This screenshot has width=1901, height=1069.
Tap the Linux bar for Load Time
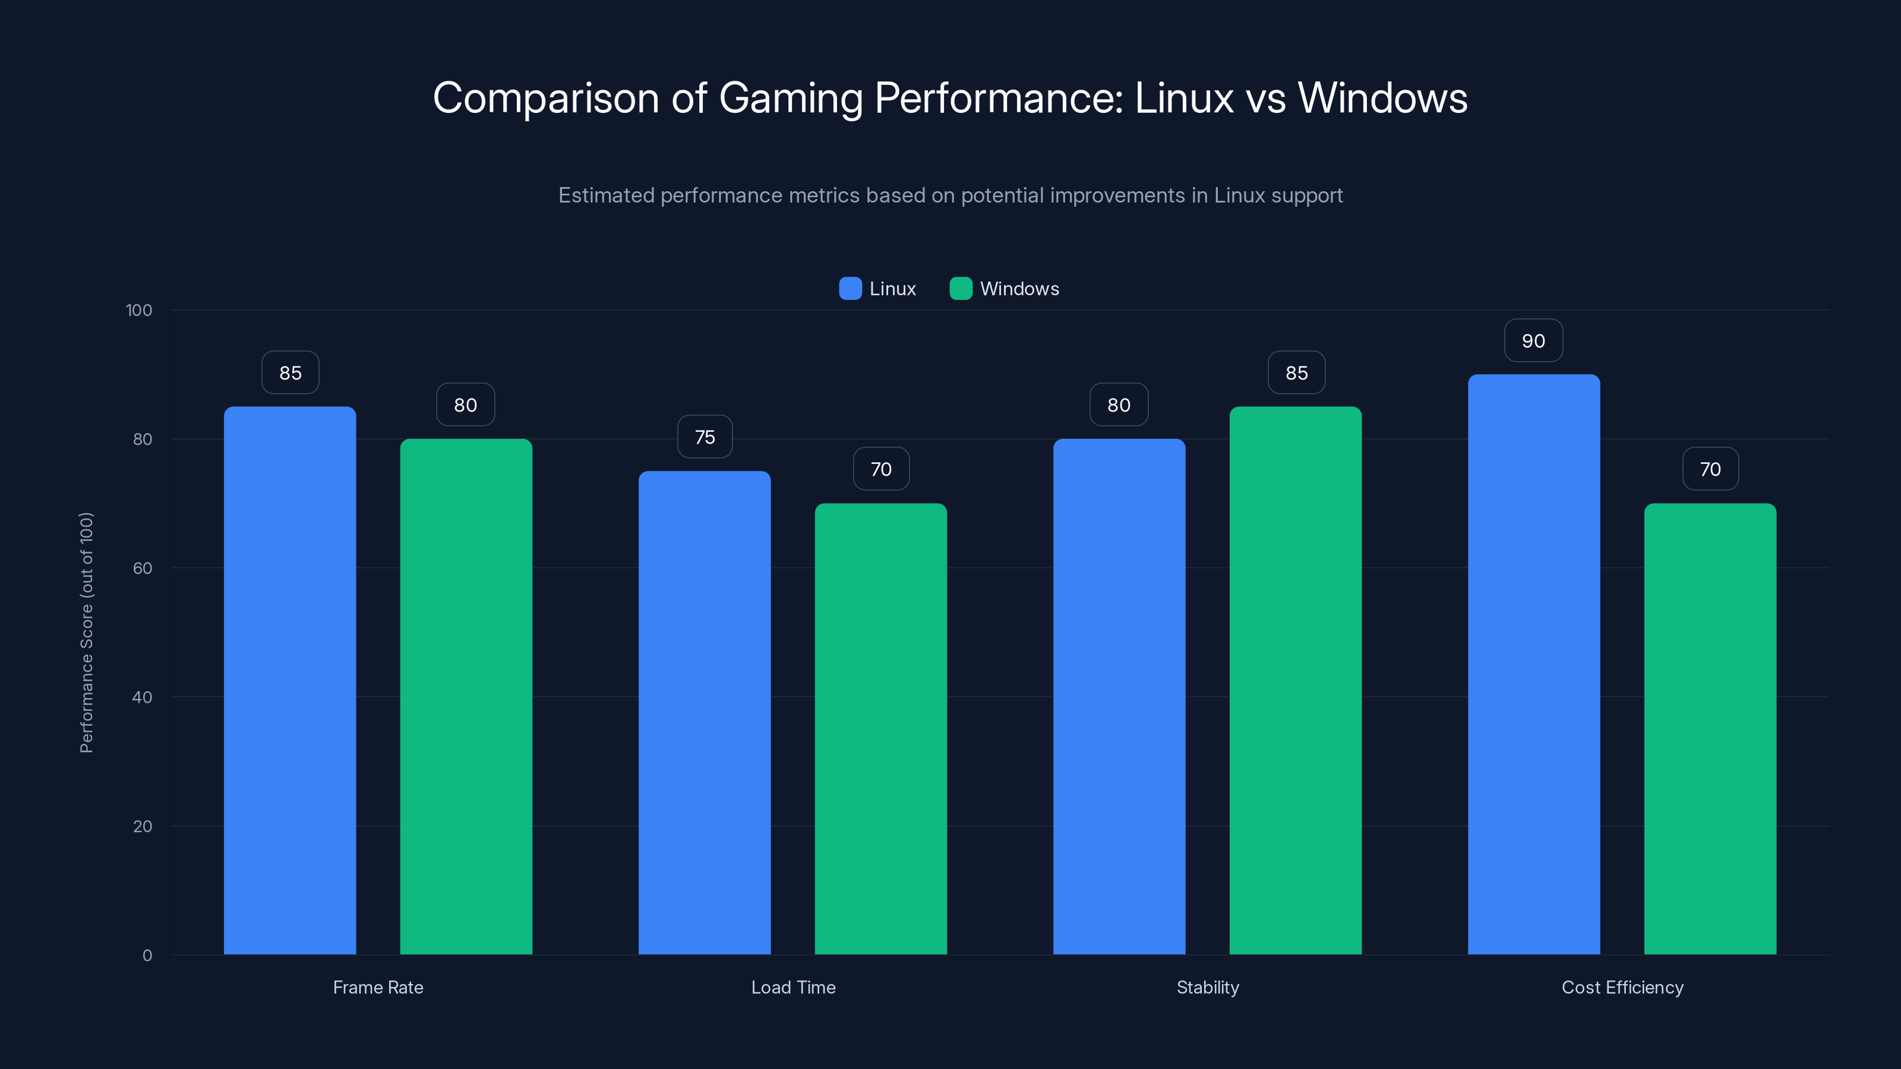click(x=704, y=713)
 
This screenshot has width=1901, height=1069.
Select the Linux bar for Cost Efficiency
click(x=1533, y=664)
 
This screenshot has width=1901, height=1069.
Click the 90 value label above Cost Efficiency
click(x=1533, y=341)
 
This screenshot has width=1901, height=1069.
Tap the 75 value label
click(x=705, y=437)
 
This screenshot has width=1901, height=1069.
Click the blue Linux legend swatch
click(x=850, y=289)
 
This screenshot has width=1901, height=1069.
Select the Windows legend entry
click(x=1018, y=289)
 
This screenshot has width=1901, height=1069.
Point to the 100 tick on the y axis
click(x=139, y=310)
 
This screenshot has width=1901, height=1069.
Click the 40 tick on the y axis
click(x=142, y=697)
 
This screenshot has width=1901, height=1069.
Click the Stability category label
click(x=1207, y=987)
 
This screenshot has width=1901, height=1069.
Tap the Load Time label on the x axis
click(x=793, y=987)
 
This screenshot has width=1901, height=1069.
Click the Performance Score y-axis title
click(x=86, y=632)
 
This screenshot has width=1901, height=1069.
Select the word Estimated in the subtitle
click(x=606, y=195)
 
